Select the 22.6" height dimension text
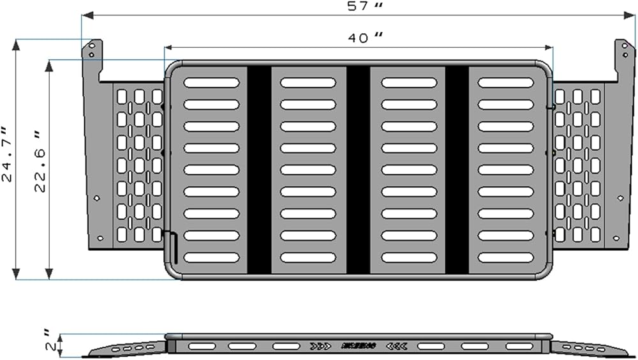(x=41, y=163)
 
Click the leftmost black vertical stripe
(x=259, y=170)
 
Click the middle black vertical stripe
(x=358, y=170)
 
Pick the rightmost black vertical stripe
(x=457, y=170)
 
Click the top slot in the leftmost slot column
(x=211, y=82)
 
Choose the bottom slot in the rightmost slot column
(x=506, y=258)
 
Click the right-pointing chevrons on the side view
(x=320, y=346)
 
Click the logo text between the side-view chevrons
(x=359, y=346)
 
